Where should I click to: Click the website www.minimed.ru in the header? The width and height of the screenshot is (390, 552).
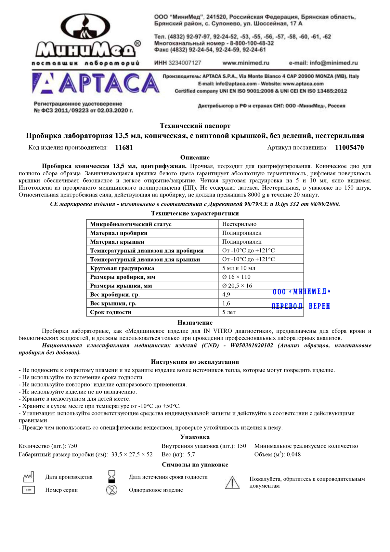[246, 63]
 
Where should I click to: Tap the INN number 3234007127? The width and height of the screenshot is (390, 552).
[185, 63]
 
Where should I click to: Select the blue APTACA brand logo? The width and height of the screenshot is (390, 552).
[96, 83]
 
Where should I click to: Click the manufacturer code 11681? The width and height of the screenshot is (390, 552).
[124, 148]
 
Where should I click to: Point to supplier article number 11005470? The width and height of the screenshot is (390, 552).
[349, 148]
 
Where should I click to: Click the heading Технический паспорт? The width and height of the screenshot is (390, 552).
[195, 126]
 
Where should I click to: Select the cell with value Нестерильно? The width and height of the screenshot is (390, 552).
[239, 224]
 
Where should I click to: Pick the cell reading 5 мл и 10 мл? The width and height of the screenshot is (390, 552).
[239, 268]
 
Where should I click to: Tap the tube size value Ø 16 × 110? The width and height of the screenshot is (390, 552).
[236, 277]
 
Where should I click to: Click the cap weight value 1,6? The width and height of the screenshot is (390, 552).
[226, 303]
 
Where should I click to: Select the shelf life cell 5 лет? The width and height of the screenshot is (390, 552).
[229, 312]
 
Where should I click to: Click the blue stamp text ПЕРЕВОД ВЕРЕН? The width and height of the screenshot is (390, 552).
[301, 306]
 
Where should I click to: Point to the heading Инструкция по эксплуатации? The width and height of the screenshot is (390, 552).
[195, 362]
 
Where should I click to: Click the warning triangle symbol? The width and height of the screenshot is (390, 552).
[232, 482]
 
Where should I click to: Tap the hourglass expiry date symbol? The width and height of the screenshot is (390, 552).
[112, 477]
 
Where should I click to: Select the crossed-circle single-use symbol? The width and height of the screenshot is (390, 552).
[112, 490]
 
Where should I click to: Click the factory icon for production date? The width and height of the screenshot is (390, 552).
[29, 477]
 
